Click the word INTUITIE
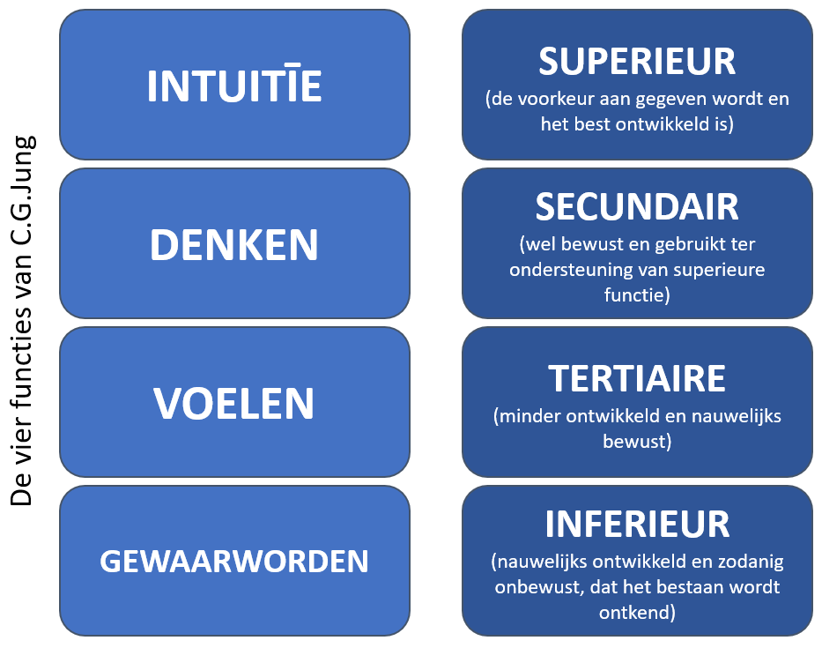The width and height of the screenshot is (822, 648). click(x=234, y=85)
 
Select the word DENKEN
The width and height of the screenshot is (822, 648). click(x=234, y=245)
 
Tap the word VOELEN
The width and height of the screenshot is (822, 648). click(x=233, y=404)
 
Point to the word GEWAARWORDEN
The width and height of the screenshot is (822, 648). click(x=234, y=562)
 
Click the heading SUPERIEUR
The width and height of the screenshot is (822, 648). click(x=637, y=62)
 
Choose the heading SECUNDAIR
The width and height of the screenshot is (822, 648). click(x=637, y=206)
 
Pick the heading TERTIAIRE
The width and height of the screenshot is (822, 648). click(x=637, y=379)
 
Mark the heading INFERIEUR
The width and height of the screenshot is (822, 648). click(x=637, y=525)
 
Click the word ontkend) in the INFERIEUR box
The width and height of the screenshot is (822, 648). click(x=637, y=613)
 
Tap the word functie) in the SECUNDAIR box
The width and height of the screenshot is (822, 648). click(x=637, y=294)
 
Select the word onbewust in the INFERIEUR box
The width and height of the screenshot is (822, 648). click(x=539, y=586)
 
